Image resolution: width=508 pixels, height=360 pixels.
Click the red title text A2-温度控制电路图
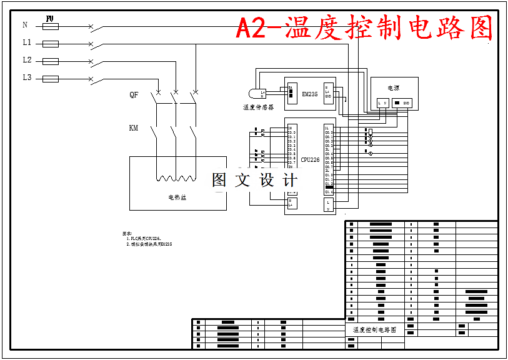point(364,28)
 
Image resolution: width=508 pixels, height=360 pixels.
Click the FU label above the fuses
point(50,19)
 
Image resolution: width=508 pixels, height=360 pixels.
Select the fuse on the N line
point(50,26)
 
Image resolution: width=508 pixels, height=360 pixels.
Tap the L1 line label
point(27,43)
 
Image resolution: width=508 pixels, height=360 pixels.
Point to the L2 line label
point(27,61)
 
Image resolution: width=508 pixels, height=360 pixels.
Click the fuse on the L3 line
point(50,79)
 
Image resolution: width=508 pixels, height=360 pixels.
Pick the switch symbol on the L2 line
point(92,62)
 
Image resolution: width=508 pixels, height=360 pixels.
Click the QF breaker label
point(134,95)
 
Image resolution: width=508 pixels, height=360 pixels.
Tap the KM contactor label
point(133,128)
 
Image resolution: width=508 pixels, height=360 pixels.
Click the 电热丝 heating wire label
point(177,197)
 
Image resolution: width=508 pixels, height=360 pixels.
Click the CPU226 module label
point(310,160)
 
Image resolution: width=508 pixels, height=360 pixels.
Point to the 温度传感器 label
point(259,107)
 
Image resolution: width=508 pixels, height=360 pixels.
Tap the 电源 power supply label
point(393,89)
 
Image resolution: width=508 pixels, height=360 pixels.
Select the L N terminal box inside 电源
point(383,102)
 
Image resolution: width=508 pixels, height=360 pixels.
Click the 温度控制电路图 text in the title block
point(374,329)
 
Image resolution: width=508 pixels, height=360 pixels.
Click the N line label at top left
point(25,26)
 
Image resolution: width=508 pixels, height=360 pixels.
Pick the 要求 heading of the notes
point(127,233)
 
